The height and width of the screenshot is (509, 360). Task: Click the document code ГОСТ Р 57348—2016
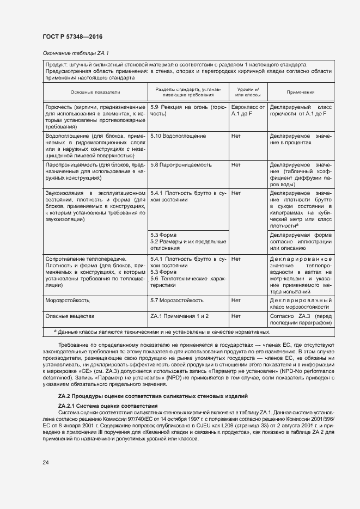(72, 36)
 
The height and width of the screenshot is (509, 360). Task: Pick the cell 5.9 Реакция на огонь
(188, 111)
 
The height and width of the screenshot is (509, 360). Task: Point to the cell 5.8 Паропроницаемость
(181, 164)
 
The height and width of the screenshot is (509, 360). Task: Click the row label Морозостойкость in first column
(68, 300)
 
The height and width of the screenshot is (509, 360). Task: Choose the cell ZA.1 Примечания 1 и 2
(179, 316)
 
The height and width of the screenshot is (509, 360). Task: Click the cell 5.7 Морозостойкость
(177, 300)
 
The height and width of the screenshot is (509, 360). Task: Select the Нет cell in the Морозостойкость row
(236, 300)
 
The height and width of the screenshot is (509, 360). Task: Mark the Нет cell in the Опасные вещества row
(236, 316)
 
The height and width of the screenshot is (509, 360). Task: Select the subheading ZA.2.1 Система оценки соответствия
(108, 406)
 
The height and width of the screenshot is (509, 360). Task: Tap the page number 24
(45, 463)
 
